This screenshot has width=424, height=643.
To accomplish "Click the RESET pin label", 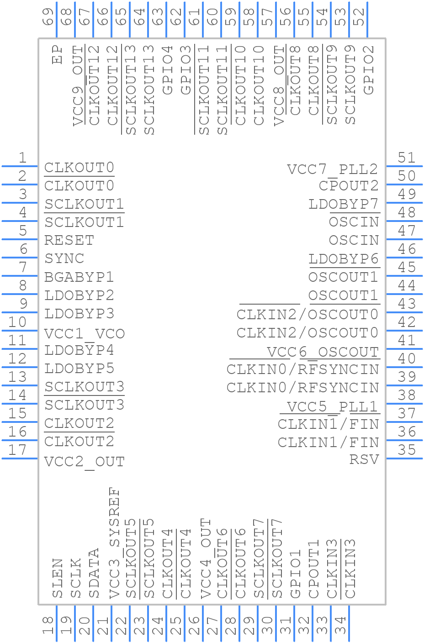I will [x=69, y=240].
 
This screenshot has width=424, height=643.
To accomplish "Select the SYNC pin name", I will [x=64, y=258].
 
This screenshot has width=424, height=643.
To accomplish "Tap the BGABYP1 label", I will [x=79, y=277].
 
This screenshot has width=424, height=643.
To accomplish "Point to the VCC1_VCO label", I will [x=85, y=334].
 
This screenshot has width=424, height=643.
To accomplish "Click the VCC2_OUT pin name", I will [x=85, y=462].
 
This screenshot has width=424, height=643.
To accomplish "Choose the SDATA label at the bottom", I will [x=94, y=573].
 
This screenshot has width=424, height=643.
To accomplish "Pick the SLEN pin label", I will [x=58, y=578].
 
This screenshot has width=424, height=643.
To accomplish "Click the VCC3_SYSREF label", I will [x=115, y=543].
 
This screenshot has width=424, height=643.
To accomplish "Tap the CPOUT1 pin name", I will [x=313, y=569].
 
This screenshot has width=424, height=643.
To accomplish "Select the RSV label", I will [x=364, y=459].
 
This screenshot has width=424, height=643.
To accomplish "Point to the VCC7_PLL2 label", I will [x=333, y=169].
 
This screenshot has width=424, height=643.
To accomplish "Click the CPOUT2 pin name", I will [x=349, y=186].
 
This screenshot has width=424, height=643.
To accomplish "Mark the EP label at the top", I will [x=57, y=54].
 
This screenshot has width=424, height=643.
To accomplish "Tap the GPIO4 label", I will [x=168, y=70].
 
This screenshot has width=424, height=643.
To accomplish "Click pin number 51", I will [x=407, y=158].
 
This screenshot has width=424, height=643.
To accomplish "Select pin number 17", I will [x=17, y=450].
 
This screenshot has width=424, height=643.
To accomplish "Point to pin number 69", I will [x=48, y=16].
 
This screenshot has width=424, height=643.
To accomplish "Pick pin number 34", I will [x=340, y=625].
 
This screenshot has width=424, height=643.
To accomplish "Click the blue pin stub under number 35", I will [x=404, y=459].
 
